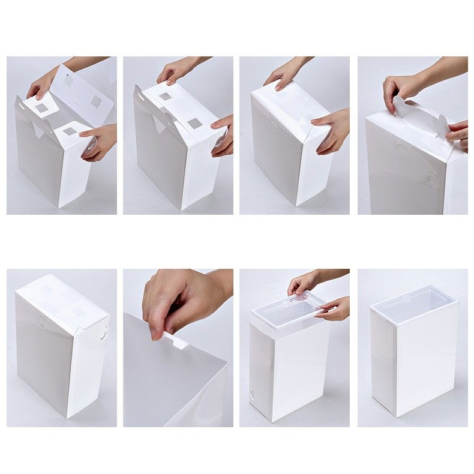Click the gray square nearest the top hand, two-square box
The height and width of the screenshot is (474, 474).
tap(165, 96)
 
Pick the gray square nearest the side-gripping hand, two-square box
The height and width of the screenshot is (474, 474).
tap(194, 124)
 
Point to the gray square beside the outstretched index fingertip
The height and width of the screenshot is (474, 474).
tap(70, 130)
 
